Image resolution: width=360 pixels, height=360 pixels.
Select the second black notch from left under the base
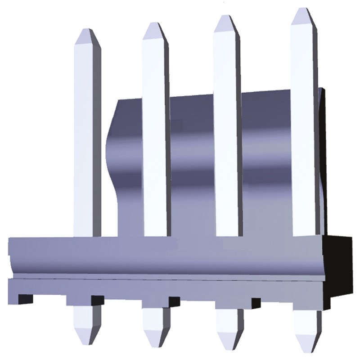click(97, 300)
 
